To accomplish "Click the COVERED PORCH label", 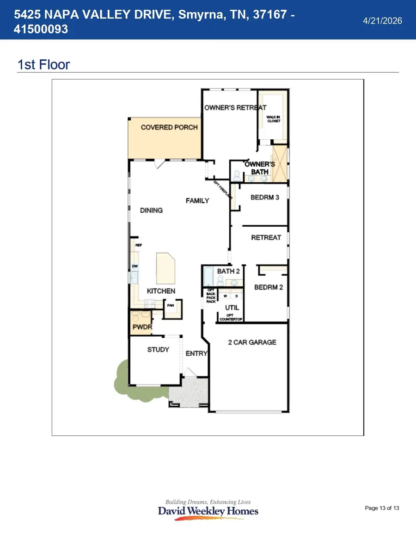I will (x=169, y=127).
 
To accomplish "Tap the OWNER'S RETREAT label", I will (x=235, y=108).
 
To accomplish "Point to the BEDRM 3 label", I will (x=265, y=198).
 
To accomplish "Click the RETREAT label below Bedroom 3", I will (x=266, y=238).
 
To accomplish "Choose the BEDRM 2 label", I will (x=269, y=287).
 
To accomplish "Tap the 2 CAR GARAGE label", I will (x=252, y=342).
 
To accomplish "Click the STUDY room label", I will (x=158, y=350).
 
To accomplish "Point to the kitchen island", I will (x=166, y=268).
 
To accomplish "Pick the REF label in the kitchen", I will (x=138, y=245).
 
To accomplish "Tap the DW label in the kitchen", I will (x=135, y=266).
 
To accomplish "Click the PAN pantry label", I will (x=171, y=305).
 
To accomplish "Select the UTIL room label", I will (x=232, y=307).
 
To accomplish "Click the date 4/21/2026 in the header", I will (x=383, y=21).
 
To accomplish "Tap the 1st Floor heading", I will (x=43, y=64).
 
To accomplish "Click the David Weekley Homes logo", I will (x=208, y=510).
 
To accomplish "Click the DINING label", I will (x=151, y=211).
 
